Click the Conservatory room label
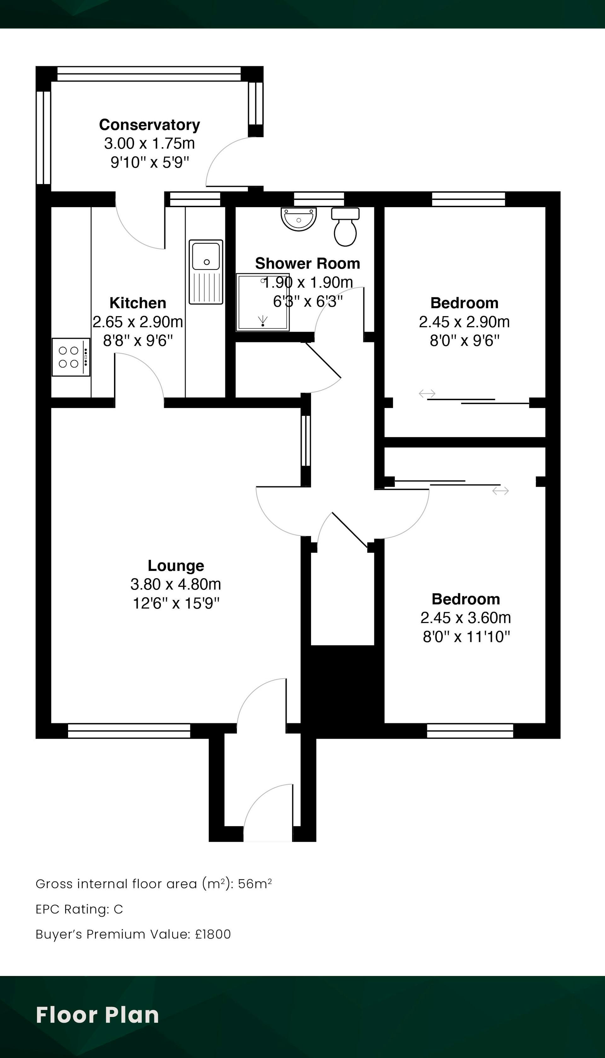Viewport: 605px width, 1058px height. coord(150,125)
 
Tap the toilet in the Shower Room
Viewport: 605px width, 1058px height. coord(345,227)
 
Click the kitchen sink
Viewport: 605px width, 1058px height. coord(206,272)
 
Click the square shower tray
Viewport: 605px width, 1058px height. coord(262,302)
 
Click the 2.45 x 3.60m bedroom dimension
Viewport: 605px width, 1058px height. coord(465,618)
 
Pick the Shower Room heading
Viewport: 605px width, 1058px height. coord(308,263)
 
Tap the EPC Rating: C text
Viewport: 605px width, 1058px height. coord(79,909)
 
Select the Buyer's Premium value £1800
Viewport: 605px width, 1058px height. coord(213,934)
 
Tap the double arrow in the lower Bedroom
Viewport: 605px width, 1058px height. coord(500,491)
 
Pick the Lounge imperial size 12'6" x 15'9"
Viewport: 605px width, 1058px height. coord(176,603)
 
